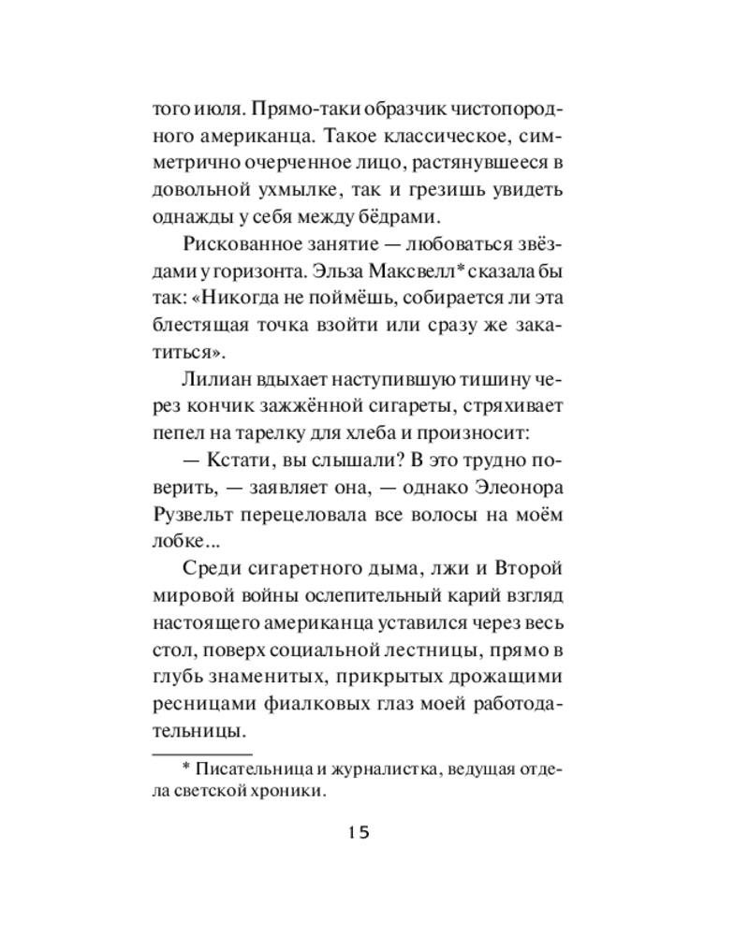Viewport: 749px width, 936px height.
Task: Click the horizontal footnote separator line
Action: click(x=201, y=753)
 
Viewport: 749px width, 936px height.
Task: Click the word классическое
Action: click(x=411, y=137)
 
